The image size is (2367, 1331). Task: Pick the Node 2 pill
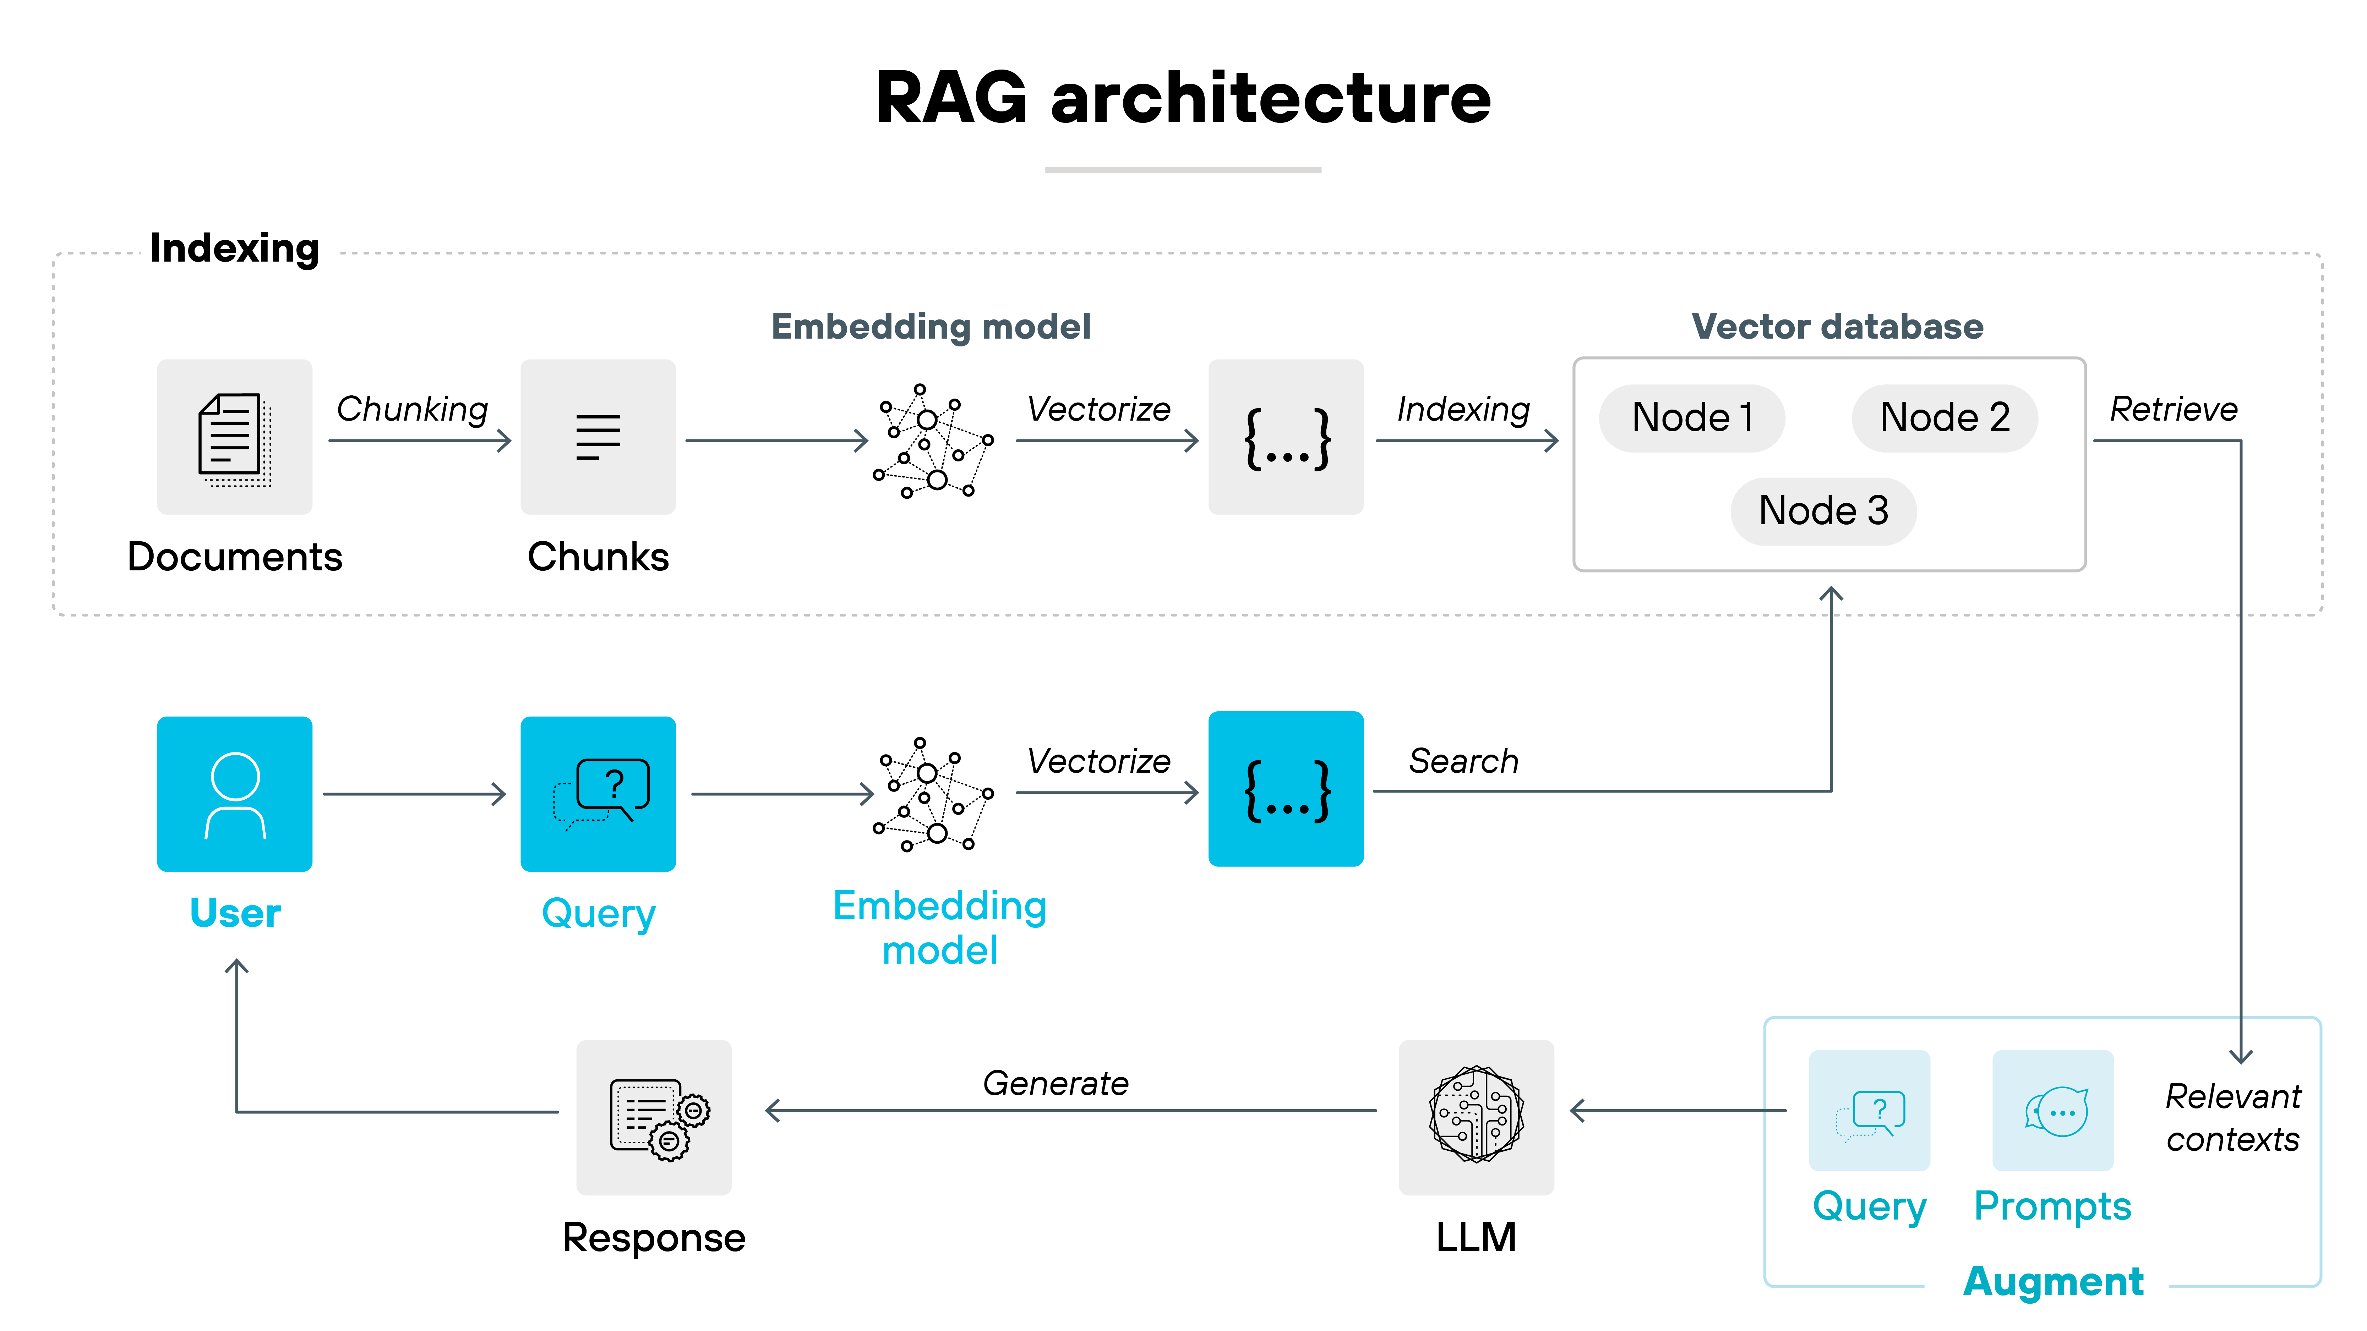pyautogui.click(x=1944, y=418)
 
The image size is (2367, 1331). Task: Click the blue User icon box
pyautogui.click(x=234, y=794)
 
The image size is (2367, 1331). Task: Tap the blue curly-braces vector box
pyautogui.click(x=1286, y=789)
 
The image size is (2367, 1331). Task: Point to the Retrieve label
pyautogui.click(x=2173, y=410)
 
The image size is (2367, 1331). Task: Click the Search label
pyautogui.click(x=1464, y=761)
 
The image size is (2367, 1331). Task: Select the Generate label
pyautogui.click(x=1056, y=1084)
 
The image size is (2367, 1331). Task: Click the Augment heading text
pyautogui.click(x=2053, y=1281)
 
